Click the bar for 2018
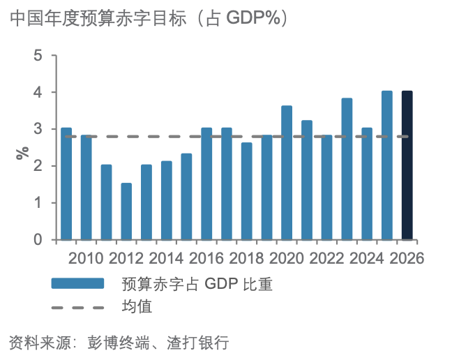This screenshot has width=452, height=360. point(246,191)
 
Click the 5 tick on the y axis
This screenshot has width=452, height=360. point(38,56)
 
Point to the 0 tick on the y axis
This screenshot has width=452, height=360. point(38,240)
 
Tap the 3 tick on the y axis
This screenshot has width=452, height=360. point(38,130)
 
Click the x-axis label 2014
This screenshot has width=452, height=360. point(166,258)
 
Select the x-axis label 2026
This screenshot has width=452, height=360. point(407,258)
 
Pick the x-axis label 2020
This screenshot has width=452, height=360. point(287,258)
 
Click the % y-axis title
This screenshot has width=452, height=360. point(22,152)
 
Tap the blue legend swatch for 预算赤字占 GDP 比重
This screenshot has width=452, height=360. point(77,283)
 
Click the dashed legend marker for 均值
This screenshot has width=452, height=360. point(77,306)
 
